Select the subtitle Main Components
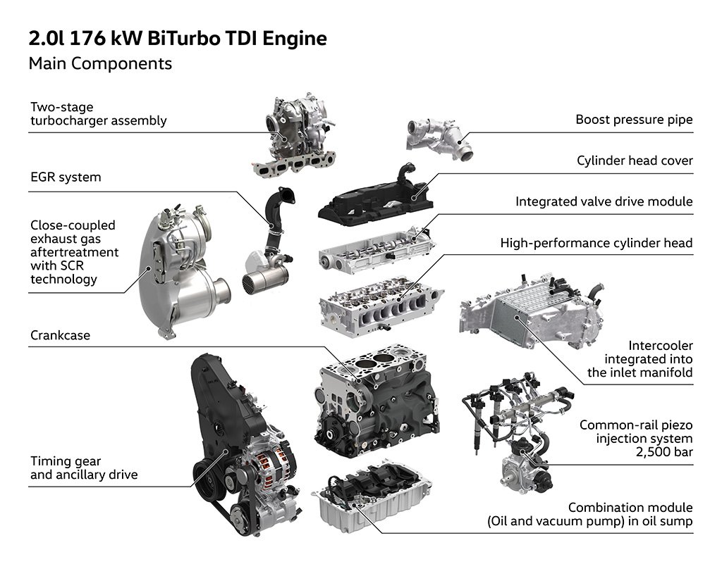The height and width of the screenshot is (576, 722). [x=100, y=63]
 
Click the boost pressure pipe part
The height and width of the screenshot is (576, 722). [x=436, y=137]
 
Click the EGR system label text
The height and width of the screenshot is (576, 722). [x=66, y=177]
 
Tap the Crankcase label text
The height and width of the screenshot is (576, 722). [x=60, y=337]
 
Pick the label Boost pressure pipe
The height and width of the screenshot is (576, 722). [x=634, y=120]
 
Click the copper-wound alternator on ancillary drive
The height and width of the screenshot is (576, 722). [x=268, y=468]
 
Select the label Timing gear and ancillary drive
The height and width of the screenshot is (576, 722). [x=83, y=468]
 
